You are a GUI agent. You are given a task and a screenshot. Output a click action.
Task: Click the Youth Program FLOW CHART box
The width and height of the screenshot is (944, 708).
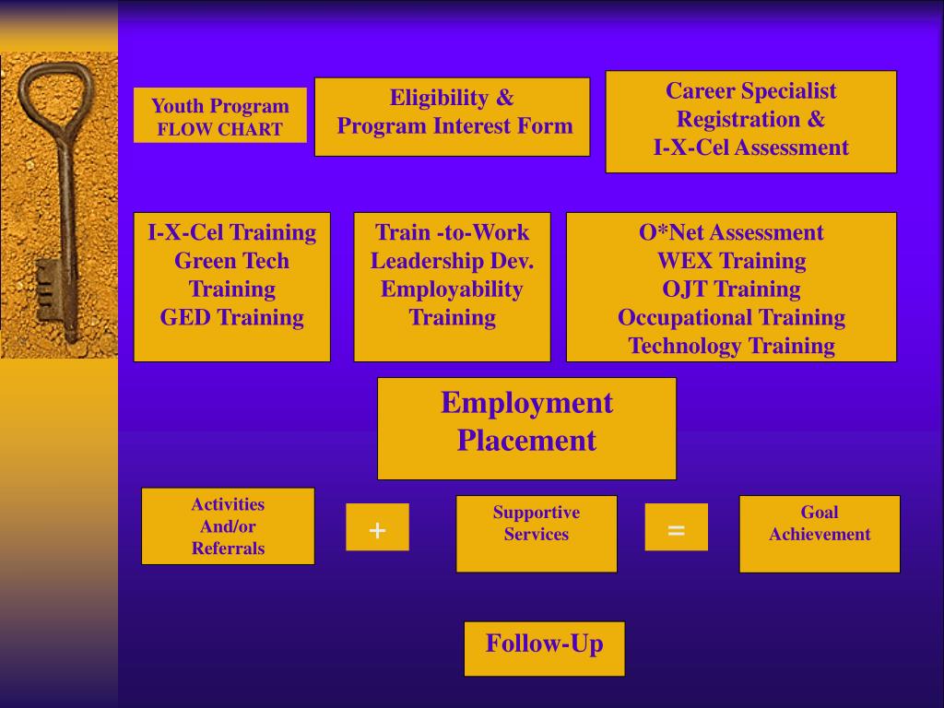(219, 116)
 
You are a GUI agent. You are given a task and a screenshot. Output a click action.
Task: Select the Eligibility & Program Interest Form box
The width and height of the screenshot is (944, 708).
(452, 116)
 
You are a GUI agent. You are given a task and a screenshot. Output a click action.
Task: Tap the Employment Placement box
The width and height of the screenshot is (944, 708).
(526, 428)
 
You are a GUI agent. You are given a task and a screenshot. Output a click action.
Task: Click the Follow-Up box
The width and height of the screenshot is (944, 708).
(544, 648)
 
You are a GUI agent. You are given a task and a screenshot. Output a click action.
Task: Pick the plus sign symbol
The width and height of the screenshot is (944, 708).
(377, 528)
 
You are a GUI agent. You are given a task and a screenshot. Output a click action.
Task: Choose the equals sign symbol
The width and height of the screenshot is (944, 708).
(676, 528)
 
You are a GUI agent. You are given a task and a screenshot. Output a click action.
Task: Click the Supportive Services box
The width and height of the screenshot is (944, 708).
(536, 533)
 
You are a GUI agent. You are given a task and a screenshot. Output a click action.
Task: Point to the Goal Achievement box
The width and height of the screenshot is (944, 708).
(820, 533)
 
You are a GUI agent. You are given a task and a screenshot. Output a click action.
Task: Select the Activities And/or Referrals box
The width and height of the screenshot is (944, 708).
(228, 525)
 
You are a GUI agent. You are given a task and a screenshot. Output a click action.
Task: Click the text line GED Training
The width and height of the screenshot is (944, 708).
(231, 318)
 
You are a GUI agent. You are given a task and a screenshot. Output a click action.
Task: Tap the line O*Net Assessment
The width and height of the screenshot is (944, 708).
(731, 232)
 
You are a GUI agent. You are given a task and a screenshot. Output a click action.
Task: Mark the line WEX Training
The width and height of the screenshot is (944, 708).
(731, 261)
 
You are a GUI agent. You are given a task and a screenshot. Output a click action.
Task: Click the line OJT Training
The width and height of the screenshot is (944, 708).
(731, 289)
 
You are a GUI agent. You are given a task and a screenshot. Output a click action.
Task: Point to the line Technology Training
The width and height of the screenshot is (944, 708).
(731, 347)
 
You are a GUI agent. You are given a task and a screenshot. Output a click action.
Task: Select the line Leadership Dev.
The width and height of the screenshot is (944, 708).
(452, 261)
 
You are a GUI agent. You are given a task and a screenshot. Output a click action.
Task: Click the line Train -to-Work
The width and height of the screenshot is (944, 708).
(452, 232)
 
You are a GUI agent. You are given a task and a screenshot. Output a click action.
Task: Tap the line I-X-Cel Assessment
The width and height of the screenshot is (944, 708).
(750, 147)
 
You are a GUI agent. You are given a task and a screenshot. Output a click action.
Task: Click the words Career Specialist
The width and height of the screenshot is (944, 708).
(750, 90)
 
